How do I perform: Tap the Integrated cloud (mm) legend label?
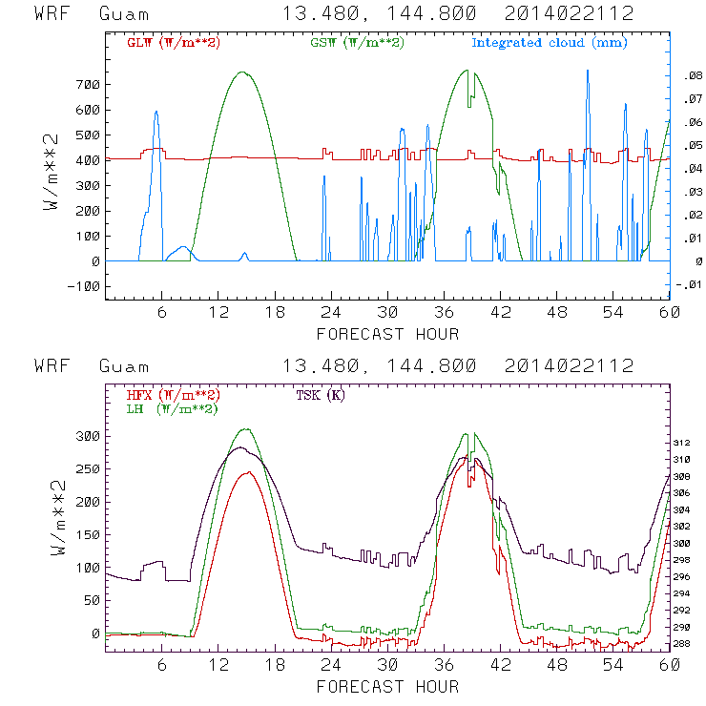click(x=550, y=43)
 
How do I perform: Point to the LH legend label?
click(x=172, y=408)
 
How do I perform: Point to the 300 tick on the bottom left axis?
click(x=87, y=436)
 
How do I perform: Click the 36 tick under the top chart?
click(x=443, y=312)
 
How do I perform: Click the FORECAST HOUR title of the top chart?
click(x=386, y=334)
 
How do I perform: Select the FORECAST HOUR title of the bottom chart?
click(x=386, y=686)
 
